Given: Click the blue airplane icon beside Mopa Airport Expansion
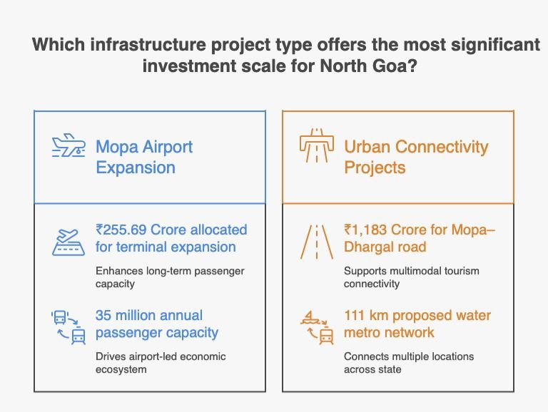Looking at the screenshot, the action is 68,145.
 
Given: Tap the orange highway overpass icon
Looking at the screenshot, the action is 317,145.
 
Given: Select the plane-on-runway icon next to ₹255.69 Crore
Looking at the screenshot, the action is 68,242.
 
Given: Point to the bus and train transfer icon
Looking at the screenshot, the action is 68,327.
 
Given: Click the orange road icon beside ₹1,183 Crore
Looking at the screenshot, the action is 317,242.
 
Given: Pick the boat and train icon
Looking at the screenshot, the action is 317,327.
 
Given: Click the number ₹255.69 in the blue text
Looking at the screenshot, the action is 121,230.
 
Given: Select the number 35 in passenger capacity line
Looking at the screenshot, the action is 103,315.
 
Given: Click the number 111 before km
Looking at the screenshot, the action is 355,315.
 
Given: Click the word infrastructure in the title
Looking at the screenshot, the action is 148,45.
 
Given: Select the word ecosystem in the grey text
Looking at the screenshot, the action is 121,369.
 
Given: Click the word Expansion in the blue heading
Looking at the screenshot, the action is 136,168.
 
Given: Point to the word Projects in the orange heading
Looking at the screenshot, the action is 375,168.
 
